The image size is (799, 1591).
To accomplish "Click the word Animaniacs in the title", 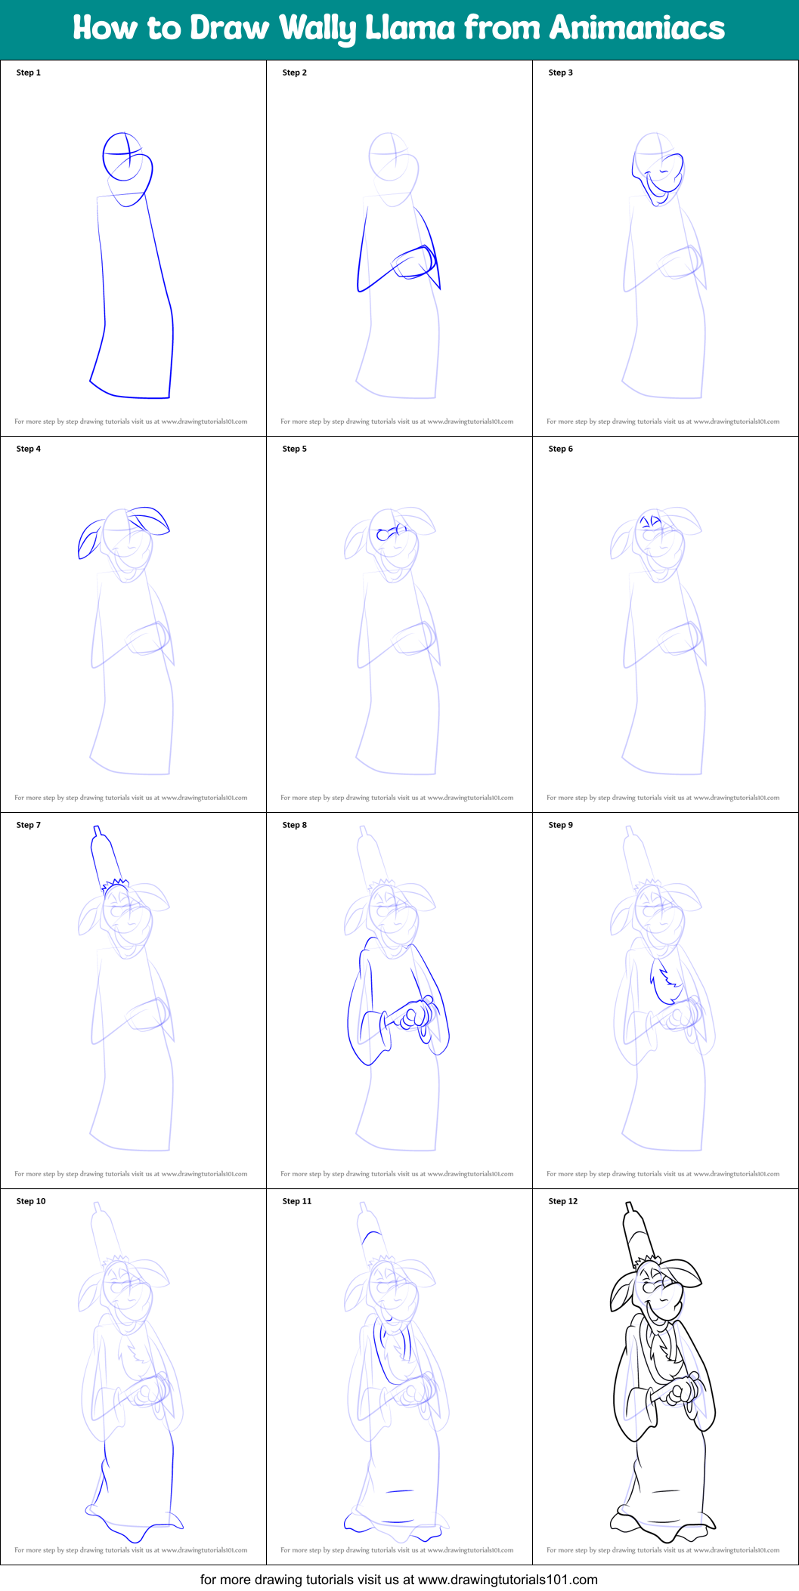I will [636, 28].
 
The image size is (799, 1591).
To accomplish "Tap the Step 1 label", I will [29, 73].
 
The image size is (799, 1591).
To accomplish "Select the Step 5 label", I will [294, 449].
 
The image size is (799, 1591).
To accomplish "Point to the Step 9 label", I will [560, 825].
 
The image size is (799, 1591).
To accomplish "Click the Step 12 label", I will [562, 1201].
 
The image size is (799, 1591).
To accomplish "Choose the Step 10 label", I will [31, 1201].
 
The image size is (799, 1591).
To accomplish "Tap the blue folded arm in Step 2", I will [413, 263].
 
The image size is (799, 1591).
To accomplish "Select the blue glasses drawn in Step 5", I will [390, 533].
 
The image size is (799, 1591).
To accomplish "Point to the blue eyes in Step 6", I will [651, 521].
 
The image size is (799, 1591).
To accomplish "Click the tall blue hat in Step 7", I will [105, 857].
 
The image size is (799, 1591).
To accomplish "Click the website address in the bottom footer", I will [507, 1579].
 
